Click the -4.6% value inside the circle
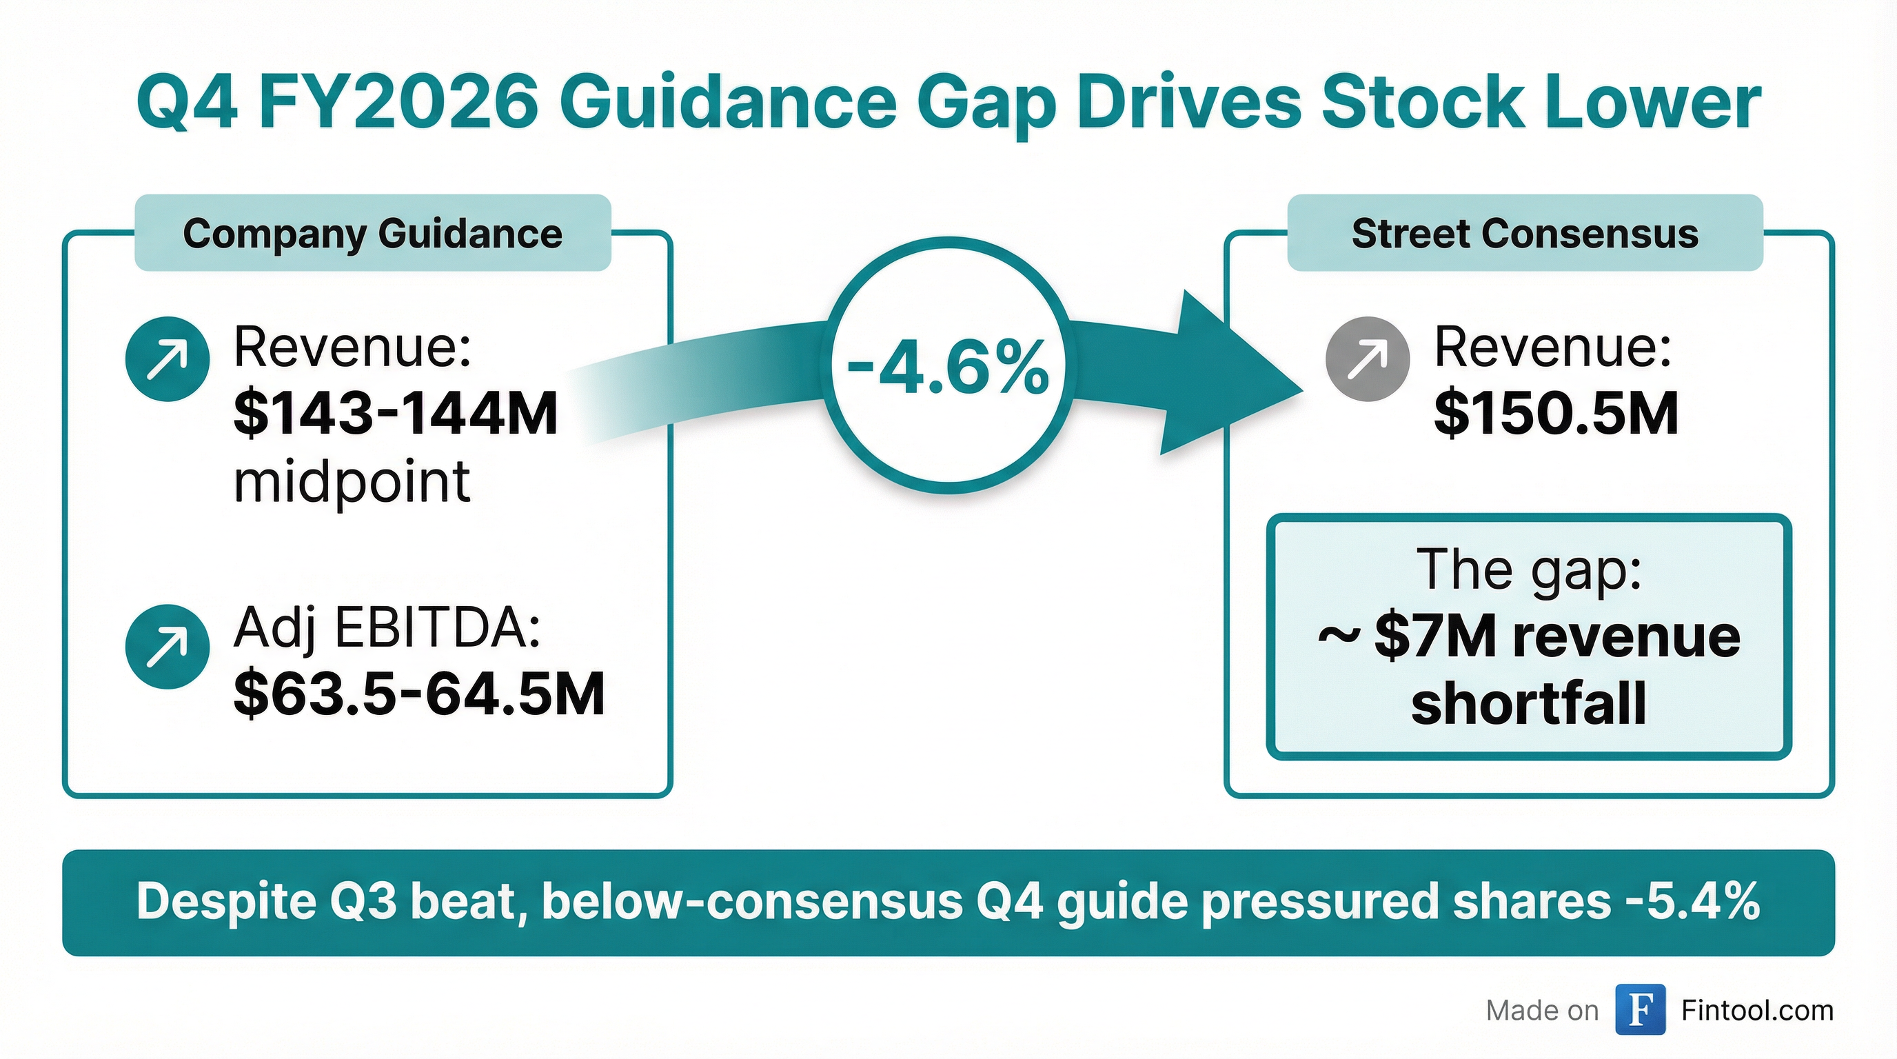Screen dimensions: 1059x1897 [x=948, y=367]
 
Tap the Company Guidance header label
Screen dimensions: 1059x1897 [x=373, y=234]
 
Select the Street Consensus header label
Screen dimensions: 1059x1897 [x=1524, y=234]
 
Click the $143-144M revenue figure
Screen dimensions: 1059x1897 [x=396, y=413]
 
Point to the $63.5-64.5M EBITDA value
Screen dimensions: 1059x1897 [x=419, y=694]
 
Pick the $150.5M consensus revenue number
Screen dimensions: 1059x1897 [x=1556, y=413]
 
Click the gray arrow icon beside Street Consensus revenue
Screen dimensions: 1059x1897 [x=1368, y=359]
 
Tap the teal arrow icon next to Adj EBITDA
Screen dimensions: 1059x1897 [x=168, y=647]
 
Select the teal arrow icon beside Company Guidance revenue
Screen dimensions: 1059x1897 [x=168, y=359]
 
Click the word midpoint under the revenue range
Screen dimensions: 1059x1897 [x=352, y=482]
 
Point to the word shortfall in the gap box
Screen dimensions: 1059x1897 [x=1528, y=703]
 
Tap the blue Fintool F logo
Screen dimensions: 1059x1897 [x=1640, y=1009]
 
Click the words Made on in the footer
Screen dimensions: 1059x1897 [x=1542, y=1011]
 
